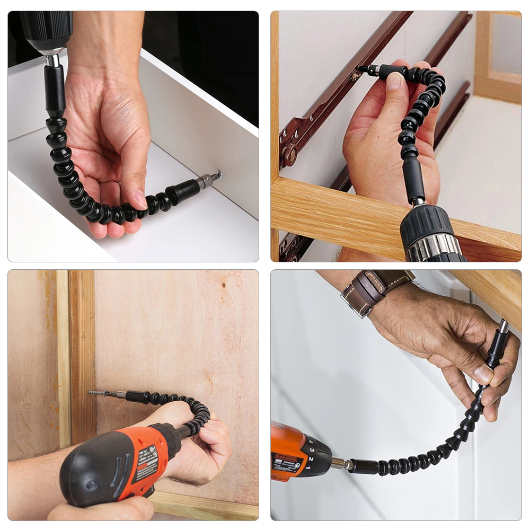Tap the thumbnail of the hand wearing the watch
pos(483,374)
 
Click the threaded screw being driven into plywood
pos(98,393)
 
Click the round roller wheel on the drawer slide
pos(289,155)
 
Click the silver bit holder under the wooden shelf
pos(502,328)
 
